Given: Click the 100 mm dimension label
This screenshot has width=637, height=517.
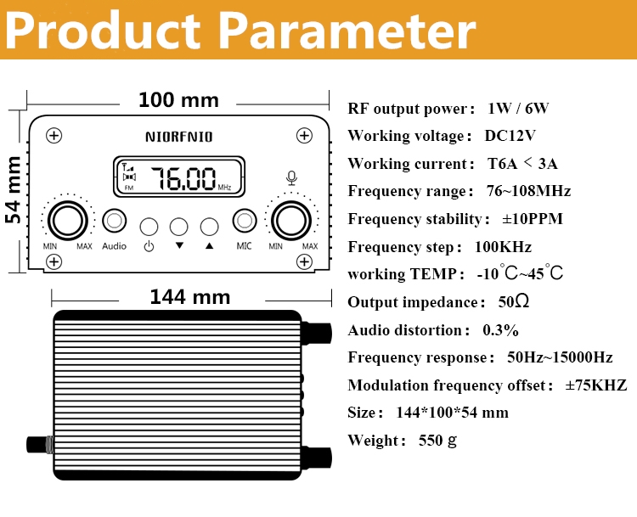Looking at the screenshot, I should point(178,100).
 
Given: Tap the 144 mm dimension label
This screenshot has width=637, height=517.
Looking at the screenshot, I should point(189,296).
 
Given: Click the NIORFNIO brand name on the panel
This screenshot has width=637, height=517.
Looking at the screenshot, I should point(178,135).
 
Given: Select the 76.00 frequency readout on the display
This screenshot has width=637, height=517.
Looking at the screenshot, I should point(183,179).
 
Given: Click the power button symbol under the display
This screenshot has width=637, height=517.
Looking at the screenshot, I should point(149,247).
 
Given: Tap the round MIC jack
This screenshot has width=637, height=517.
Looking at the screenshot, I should point(245,221).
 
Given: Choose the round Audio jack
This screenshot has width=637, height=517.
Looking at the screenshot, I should point(114,221).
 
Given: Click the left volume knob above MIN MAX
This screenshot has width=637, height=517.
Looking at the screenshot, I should point(67,221).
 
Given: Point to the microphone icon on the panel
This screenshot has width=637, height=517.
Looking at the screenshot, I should point(291,177).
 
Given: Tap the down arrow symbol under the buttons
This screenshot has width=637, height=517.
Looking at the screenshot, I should point(179,246).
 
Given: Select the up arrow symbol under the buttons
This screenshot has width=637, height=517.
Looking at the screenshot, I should point(209,246).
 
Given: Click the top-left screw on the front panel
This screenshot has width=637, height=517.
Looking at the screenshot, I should point(54,135).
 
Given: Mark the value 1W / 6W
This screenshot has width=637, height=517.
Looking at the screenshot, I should point(518,108).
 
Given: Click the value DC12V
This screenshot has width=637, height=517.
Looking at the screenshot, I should point(510,136).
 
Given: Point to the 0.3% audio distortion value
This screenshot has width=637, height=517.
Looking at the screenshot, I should point(500,329).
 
